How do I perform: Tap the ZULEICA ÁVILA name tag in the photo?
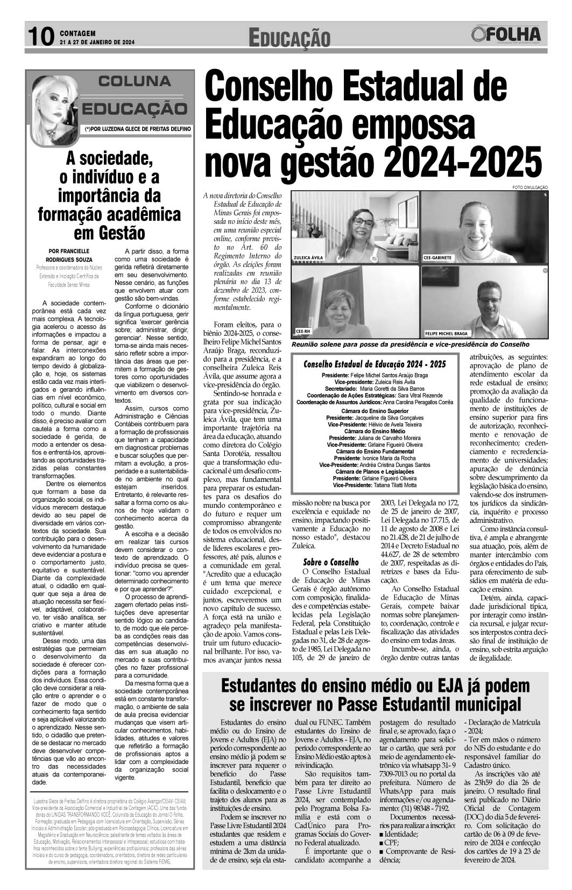(x=309, y=257)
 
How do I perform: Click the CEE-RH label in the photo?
(x=304, y=331)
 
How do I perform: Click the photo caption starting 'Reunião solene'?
(x=410, y=344)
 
